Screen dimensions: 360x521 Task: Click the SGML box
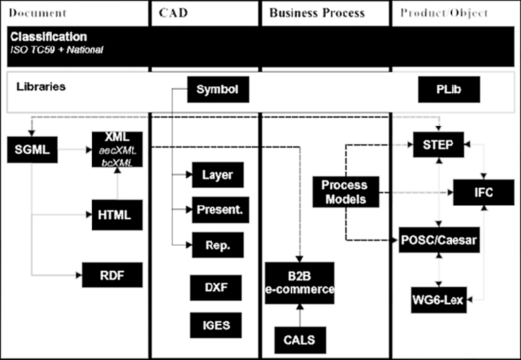[32, 149]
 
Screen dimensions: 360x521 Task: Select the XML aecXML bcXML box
[117, 150]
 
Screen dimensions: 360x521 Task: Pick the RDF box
[112, 274]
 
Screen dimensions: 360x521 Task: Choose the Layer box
[217, 175]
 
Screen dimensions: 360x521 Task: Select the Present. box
[217, 210]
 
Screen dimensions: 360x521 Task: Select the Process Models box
[344, 192]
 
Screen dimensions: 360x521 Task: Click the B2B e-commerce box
[300, 282]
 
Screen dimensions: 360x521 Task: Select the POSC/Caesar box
[439, 241]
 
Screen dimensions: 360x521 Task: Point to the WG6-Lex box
[439, 299]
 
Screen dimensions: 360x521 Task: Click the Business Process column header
[317, 13]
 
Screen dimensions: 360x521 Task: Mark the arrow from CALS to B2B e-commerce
[300, 314]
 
